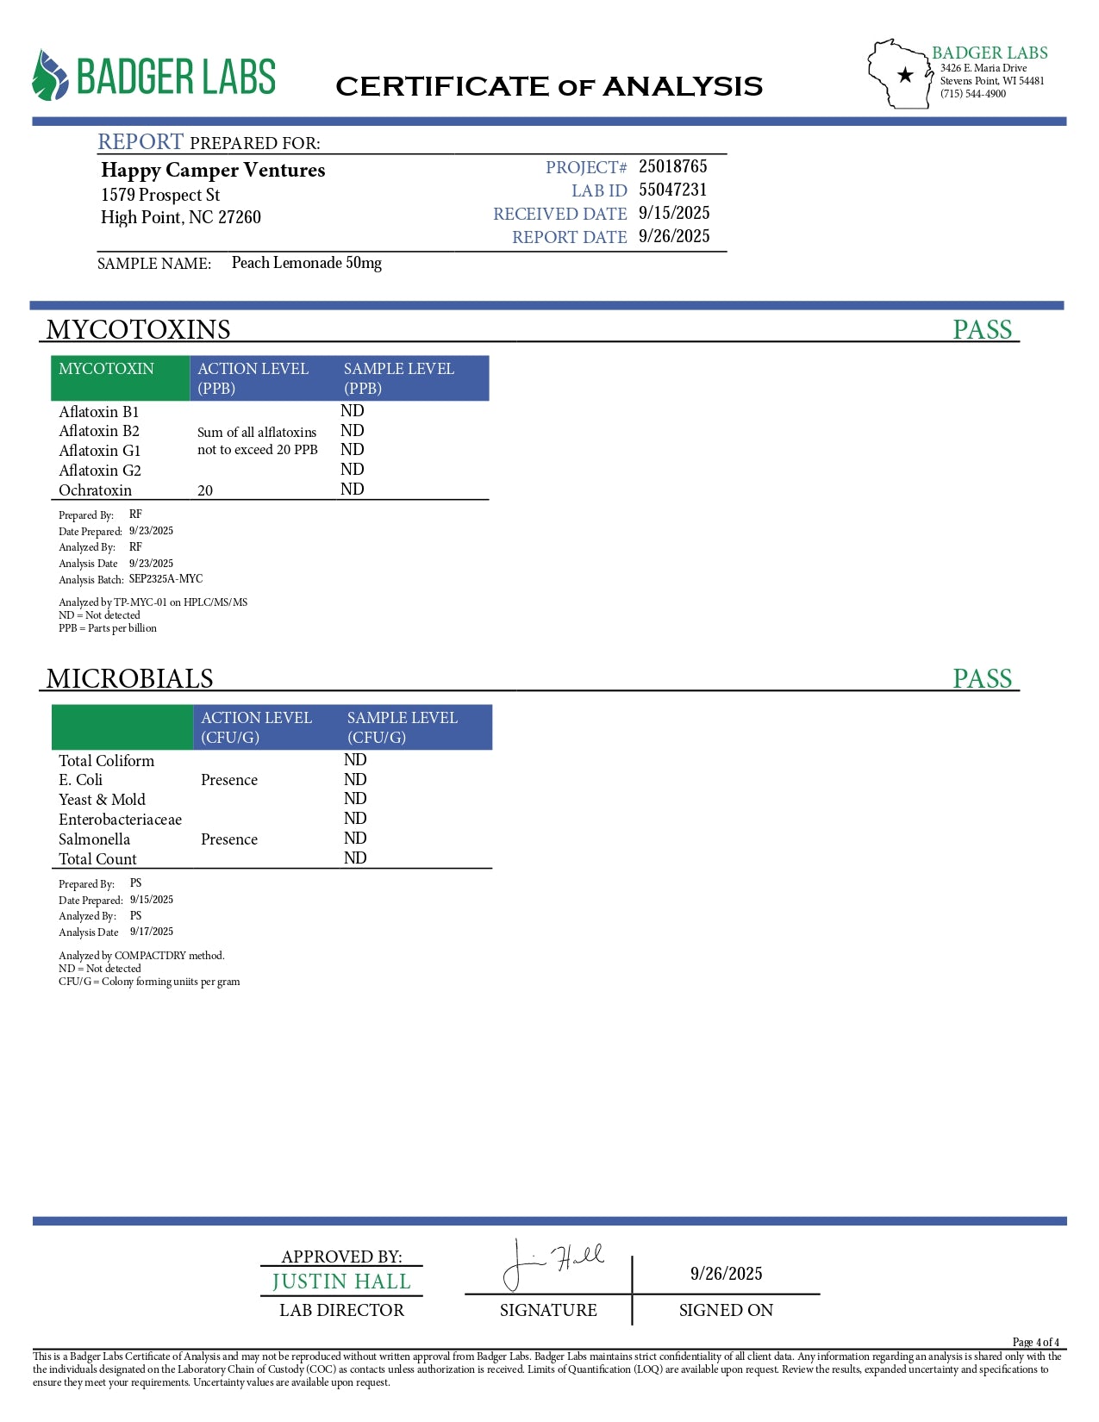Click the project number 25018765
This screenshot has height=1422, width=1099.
coord(672,166)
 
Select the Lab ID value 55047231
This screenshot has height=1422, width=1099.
coord(672,190)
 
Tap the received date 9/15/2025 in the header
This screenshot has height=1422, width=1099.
coord(674,213)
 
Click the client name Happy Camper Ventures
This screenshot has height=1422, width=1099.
coord(213,170)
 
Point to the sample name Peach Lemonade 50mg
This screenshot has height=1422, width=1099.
coord(306,263)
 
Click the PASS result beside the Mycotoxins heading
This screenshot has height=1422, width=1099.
coord(982,329)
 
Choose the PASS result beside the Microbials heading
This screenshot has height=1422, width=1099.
coord(982,678)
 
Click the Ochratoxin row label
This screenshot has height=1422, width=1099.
coord(95,490)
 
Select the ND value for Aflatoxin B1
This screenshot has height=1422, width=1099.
coord(352,411)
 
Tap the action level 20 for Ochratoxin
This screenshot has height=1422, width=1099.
coord(205,490)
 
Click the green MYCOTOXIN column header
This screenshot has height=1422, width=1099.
coord(107,369)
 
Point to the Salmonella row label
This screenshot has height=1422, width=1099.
coord(94,839)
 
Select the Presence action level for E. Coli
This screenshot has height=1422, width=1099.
coord(229,780)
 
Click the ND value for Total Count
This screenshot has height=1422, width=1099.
coord(355,858)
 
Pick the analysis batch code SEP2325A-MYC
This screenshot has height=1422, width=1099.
coord(166,579)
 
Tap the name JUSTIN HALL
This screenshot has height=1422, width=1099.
coord(341,1282)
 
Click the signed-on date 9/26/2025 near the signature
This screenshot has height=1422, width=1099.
coord(726,1274)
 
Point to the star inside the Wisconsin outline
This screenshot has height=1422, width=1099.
coord(905,75)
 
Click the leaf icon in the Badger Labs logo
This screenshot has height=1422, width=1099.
coord(50,76)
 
